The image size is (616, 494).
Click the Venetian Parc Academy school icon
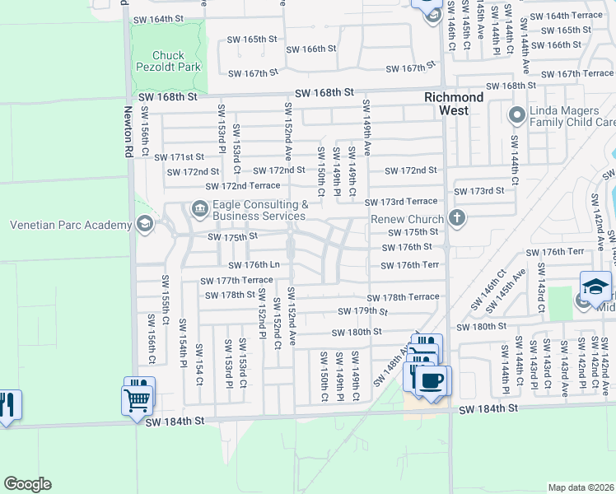(x=144, y=225)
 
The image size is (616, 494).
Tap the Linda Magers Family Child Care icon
(x=517, y=115)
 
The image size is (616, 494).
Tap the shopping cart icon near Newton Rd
(x=138, y=402)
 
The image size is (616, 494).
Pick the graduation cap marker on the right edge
(x=595, y=287)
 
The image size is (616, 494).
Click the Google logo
(x=27, y=484)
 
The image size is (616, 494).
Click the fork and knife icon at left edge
(x=7, y=404)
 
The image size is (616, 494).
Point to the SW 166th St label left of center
(x=310, y=49)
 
